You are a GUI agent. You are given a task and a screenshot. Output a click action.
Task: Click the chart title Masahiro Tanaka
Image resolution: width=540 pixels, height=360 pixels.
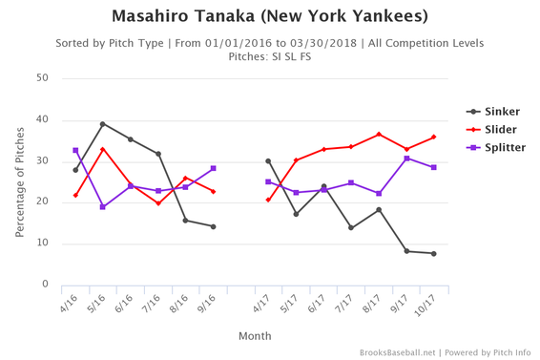tap(270, 16)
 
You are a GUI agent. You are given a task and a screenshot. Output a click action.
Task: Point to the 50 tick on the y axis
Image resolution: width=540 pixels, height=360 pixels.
tap(43, 78)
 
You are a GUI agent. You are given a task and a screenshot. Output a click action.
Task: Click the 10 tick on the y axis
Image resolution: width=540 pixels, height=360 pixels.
tap(43, 244)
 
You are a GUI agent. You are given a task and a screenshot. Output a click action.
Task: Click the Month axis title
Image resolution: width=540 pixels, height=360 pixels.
tap(255, 336)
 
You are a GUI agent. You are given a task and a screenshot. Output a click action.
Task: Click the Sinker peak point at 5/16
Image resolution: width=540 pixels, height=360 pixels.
tap(103, 124)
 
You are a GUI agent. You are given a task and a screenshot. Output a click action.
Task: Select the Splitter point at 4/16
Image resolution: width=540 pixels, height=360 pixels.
tap(75, 150)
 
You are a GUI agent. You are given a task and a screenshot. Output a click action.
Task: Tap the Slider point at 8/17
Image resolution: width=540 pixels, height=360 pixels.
tap(379, 135)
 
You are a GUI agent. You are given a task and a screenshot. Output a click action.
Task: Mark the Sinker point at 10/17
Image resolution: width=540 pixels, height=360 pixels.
tap(434, 253)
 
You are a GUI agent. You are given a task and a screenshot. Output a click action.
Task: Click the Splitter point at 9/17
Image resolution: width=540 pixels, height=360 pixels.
tap(406, 159)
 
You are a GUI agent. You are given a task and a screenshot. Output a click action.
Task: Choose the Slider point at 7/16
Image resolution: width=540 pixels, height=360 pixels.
tap(158, 203)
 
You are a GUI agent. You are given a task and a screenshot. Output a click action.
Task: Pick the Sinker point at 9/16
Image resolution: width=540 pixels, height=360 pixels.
tap(213, 226)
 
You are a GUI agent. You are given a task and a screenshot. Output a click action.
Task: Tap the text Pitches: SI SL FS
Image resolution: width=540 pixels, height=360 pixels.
tap(270, 56)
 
